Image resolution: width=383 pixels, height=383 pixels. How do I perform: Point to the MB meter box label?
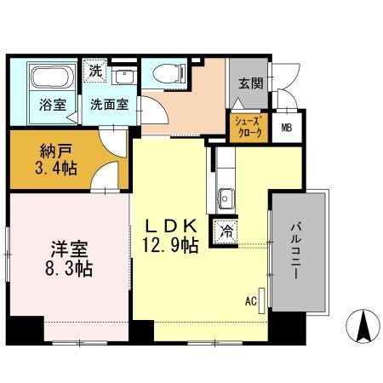[x=287, y=129]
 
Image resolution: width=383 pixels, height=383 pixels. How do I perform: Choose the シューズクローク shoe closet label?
[x=249, y=128]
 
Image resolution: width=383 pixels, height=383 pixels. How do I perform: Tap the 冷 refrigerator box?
[x=227, y=229]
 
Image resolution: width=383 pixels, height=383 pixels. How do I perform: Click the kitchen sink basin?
[x=227, y=199]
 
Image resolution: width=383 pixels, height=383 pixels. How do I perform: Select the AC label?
[x=251, y=300]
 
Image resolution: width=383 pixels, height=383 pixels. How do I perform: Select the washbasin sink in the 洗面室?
[x=124, y=75]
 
